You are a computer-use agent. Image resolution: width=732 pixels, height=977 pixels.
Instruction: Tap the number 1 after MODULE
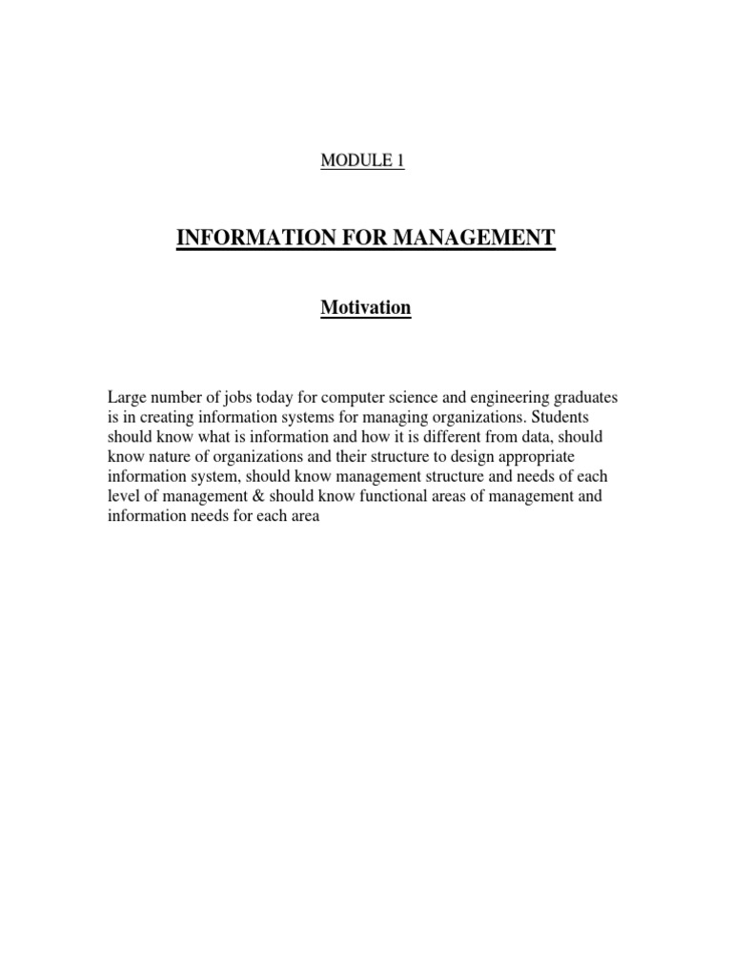(x=400, y=161)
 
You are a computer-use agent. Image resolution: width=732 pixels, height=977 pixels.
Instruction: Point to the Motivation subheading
(x=366, y=308)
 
